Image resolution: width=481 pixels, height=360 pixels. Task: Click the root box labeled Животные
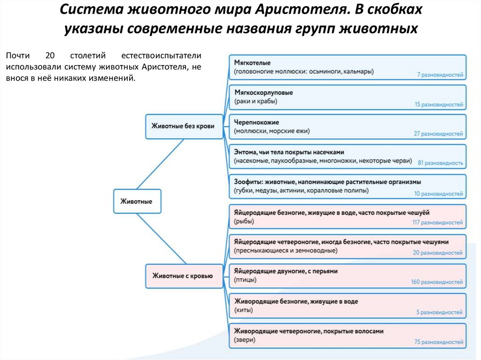click(x=137, y=201)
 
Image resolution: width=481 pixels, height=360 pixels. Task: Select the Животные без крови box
click(x=183, y=126)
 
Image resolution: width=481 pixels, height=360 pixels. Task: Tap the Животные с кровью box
click(x=183, y=276)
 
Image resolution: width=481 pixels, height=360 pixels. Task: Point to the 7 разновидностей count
click(x=440, y=75)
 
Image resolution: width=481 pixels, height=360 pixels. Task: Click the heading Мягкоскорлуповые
click(x=263, y=93)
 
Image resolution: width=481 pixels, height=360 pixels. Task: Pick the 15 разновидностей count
click(x=439, y=105)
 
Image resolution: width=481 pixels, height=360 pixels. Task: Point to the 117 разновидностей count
click(x=438, y=222)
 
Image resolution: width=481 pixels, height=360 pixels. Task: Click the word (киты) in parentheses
click(x=243, y=310)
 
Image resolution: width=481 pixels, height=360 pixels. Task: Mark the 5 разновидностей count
click(x=442, y=312)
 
